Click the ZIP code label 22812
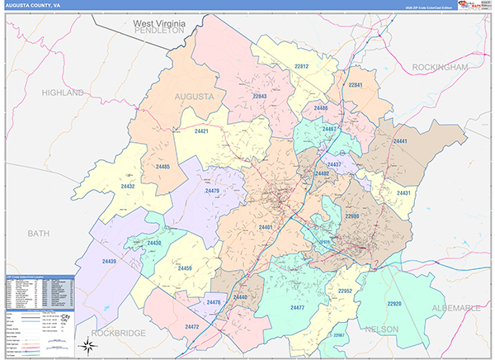(x=301, y=66)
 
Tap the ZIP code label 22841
(x=356, y=85)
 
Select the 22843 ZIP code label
(x=260, y=97)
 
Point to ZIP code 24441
(x=402, y=142)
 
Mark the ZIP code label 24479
(x=212, y=192)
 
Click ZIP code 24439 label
(x=110, y=261)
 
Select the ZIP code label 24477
(x=298, y=307)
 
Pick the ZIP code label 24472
(x=192, y=327)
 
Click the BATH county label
(x=39, y=234)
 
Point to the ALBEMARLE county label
(x=451, y=308)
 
